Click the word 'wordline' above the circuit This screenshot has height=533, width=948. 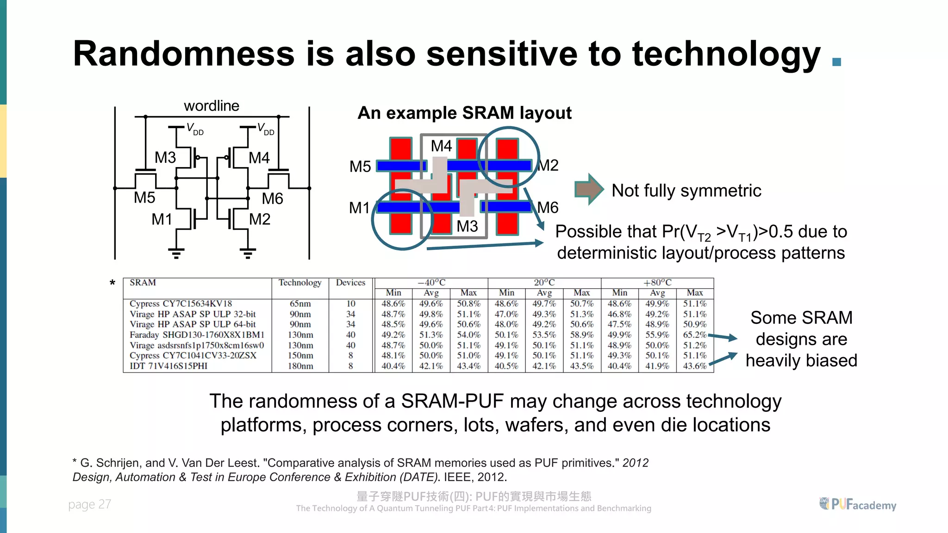212,106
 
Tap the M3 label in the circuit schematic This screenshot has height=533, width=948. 165,158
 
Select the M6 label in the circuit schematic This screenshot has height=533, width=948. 272,199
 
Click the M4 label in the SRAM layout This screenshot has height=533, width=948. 441,146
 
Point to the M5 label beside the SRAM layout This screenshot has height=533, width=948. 360,167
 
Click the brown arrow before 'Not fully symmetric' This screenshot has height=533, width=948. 589,189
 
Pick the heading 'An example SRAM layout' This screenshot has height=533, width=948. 464,113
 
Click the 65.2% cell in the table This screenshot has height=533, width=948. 694,335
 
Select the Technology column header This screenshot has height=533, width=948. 299,283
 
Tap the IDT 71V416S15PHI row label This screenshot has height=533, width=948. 168,366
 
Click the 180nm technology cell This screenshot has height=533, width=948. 300,366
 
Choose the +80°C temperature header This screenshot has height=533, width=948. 657,283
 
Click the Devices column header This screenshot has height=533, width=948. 350,283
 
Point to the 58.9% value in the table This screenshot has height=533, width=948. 581,335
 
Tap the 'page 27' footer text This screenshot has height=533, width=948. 89,504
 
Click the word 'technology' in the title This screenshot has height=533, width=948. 726,54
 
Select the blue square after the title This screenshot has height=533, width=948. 836,62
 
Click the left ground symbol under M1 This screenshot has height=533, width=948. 176,253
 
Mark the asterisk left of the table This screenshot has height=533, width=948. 112,283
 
